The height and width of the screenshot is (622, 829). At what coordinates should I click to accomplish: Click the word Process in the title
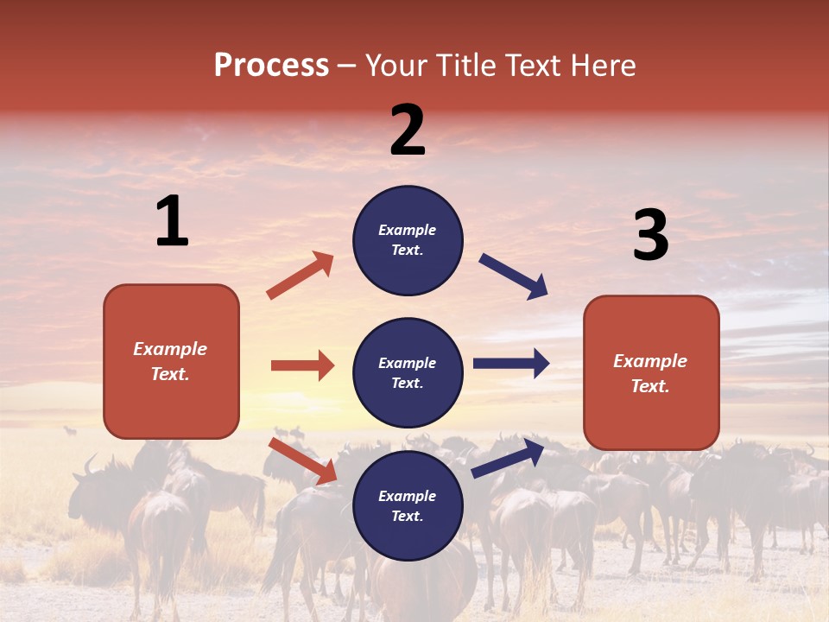(x=271, y=66)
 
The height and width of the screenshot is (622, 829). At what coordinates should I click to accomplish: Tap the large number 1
(x=172, y=221)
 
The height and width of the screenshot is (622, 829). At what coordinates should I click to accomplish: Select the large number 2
(x=408, y=130)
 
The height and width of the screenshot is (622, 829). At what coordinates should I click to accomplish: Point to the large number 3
(x=650, y=236)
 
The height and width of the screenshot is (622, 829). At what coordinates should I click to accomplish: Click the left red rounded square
(x=171, y=361)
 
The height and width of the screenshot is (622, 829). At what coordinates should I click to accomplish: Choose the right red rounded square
(x=651, y=372)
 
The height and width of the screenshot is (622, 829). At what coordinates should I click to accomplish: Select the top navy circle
(x=408, y=240)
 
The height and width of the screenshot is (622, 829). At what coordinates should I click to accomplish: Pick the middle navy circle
(x=408, y=372)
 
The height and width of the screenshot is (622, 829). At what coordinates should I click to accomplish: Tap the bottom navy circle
(x=408, y=505)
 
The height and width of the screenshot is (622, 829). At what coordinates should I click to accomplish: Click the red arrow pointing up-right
(x=301, y=276)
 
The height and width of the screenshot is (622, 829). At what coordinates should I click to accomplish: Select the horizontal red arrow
(x=302, y=365)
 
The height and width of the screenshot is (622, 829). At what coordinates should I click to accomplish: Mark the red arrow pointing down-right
(x=303, y=460)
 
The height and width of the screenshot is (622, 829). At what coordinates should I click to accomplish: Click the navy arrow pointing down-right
(x=514, y=276)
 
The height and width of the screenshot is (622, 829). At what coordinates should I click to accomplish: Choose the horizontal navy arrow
(x=511, y=363)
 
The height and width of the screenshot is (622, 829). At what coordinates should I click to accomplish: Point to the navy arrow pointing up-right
(x=509, y=458)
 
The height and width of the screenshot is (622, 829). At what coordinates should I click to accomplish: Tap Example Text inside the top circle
(x=408, y=240)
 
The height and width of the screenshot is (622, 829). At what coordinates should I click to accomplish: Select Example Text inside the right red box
(x=650, y=373)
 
